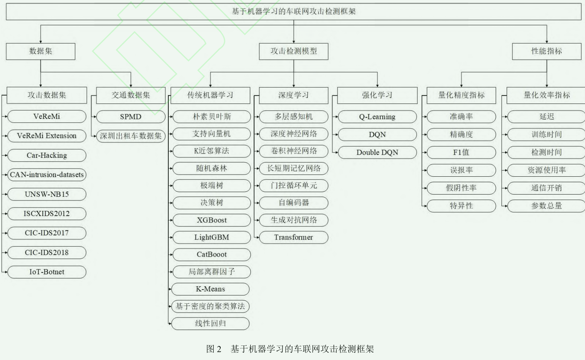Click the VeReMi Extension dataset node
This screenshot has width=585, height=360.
47,136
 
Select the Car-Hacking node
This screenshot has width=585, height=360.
47,155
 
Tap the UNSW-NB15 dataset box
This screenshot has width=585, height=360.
47,194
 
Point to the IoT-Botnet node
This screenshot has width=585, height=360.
47,272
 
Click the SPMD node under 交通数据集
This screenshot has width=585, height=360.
131,117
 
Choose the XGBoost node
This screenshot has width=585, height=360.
212,220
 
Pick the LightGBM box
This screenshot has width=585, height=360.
212,237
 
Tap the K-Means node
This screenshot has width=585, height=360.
210,289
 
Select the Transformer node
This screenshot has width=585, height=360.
293,237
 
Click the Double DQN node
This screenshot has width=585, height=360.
377,152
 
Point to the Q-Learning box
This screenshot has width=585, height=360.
377,117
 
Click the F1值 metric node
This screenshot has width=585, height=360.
461,152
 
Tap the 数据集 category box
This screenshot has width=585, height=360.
41,51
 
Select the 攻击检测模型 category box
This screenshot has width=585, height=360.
294,51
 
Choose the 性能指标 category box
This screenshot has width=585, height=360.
547,51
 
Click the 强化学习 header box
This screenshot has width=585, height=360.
377,95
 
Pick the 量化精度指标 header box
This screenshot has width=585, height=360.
461,95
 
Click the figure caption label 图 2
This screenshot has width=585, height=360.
214,349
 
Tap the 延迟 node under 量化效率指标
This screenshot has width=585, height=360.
547,117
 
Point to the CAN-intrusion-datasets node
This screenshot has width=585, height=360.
47,175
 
